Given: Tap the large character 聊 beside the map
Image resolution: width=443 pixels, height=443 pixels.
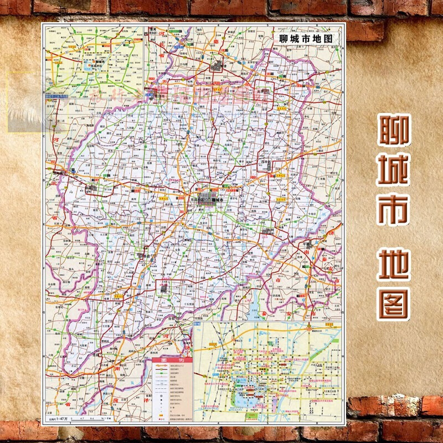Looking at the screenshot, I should tap(395, 131).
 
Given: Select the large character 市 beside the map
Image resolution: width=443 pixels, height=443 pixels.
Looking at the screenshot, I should tap(394, 210).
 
